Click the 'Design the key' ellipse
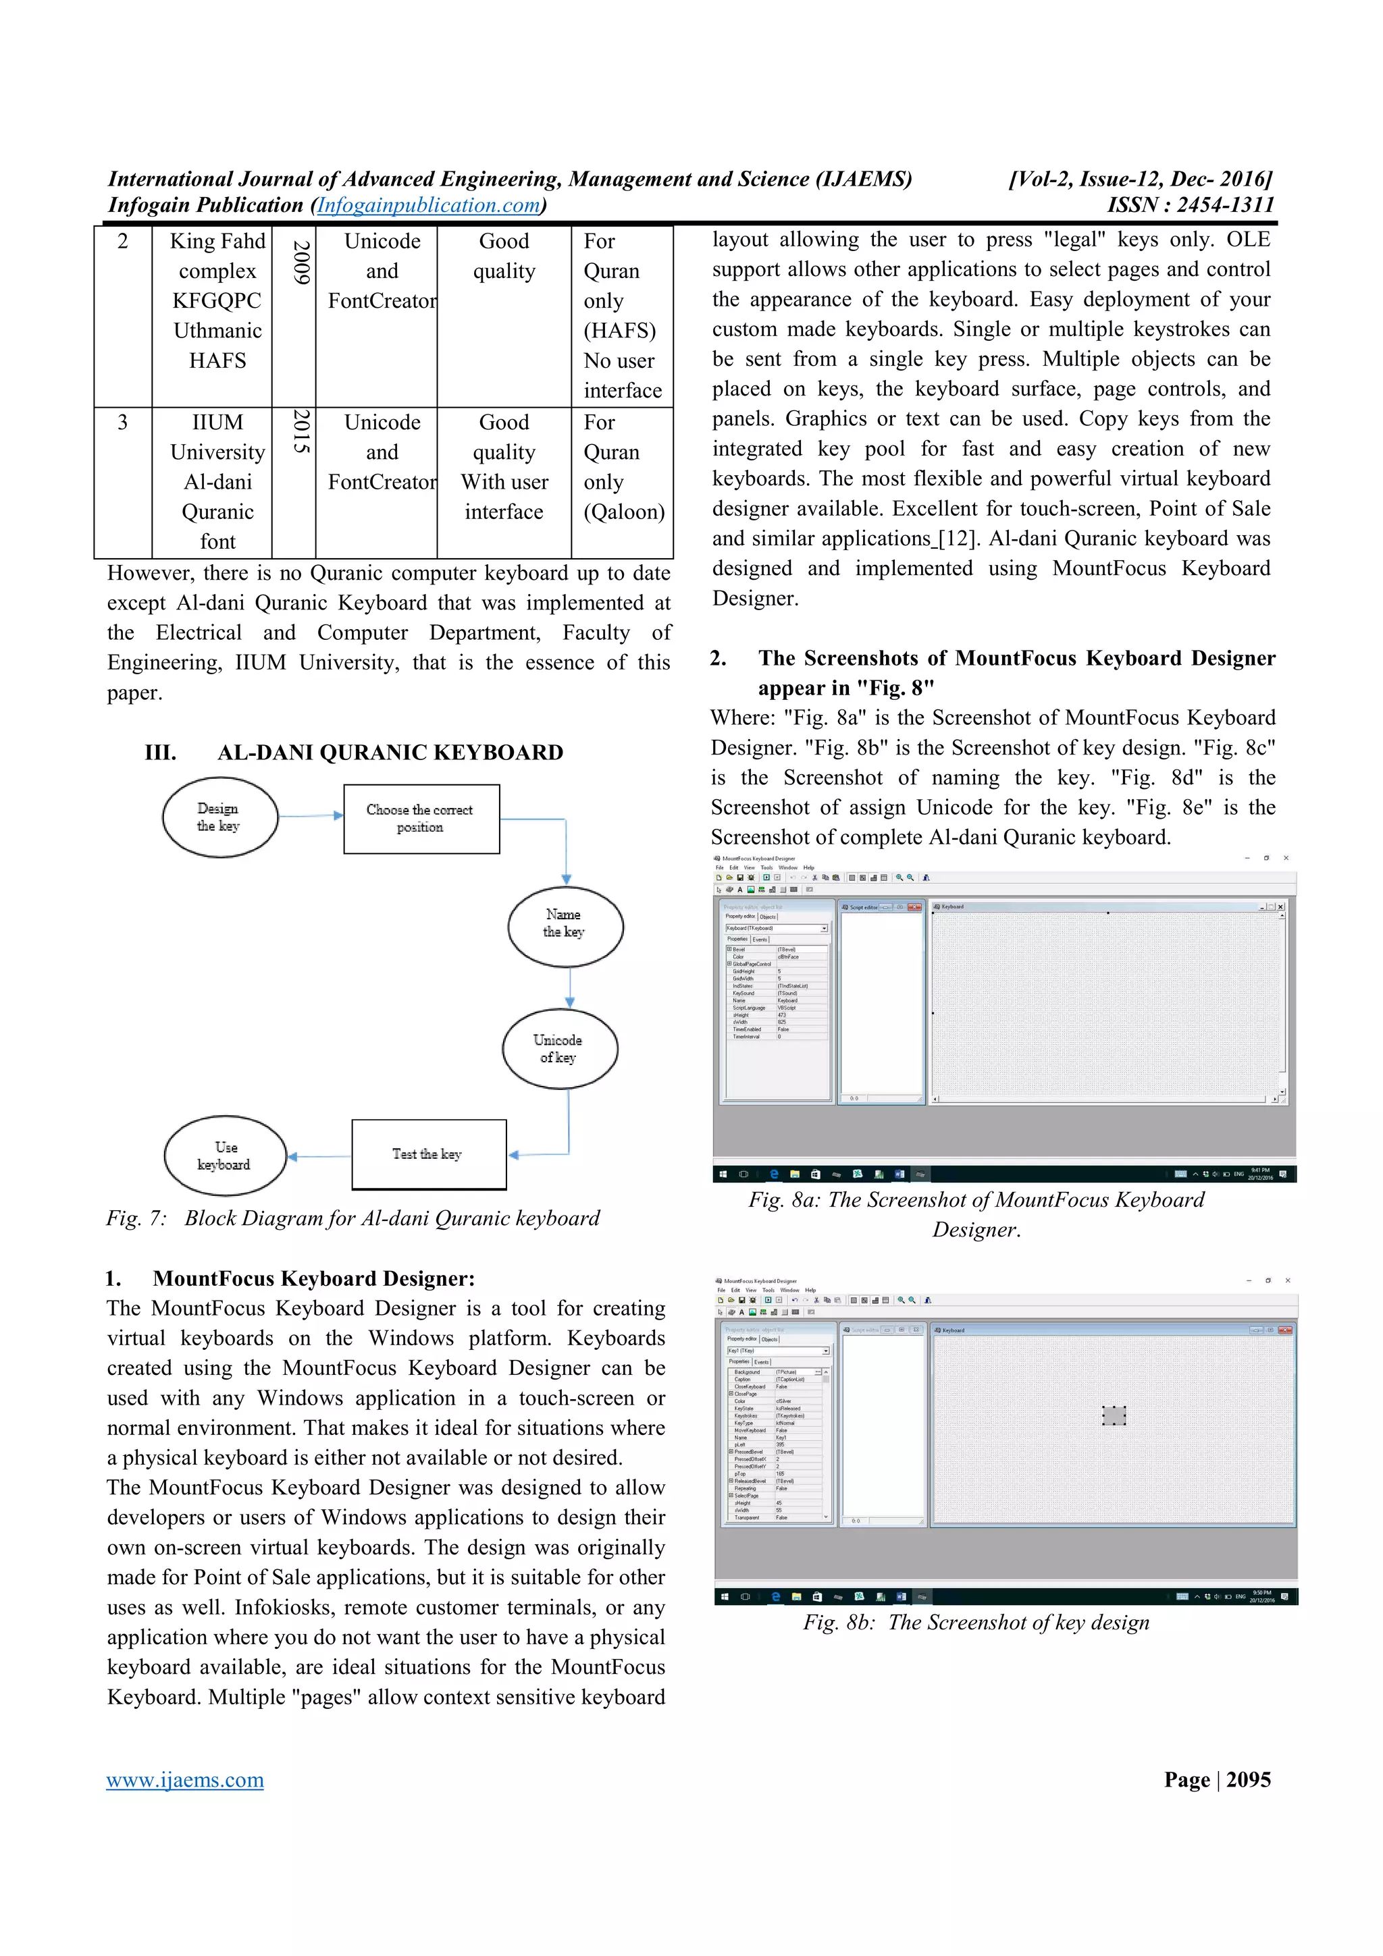click(x=220, y=817)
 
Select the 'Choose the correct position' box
click(x=421, y=819)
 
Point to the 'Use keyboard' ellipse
click(x=225, y=1156)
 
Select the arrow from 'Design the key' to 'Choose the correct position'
click(x=311, y=815)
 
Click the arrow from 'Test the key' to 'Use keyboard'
click(x=319, y=1156)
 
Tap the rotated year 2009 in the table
click(x=300, y=263)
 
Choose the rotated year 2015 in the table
click(x=300, y=431)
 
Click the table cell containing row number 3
click(x=123, y=423)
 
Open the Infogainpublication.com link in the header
click(x=429, y=205)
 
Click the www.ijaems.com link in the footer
click(x=185, y=1780)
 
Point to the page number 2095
click(x=1249, y=1780)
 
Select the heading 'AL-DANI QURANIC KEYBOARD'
click(x=390, y=753)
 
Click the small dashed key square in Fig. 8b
click(x=1114, y=1415)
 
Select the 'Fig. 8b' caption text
click(x=976, y=1622)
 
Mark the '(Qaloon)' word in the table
click(x=624, y=512)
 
